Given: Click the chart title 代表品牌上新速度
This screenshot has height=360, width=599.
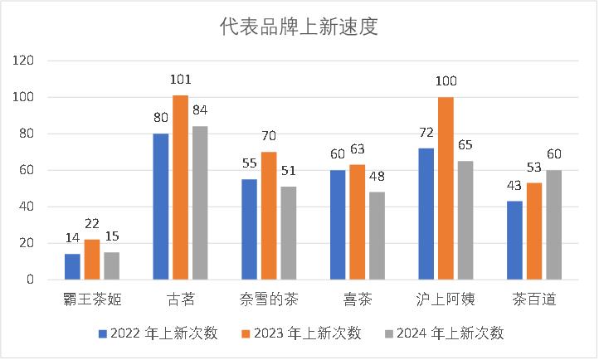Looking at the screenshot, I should (x=299, y=28).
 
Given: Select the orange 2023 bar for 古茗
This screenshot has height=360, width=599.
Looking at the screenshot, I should (x=180, y=187).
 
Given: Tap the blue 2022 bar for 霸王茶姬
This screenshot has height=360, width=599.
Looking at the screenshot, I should (x=73, y=266).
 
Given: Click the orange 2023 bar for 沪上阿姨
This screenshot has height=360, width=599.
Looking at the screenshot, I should (x=446, y=188).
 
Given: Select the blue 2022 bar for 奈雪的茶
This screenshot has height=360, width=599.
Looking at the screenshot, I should (x=250, y=229).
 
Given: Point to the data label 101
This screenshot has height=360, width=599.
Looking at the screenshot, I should (x=180, y=80).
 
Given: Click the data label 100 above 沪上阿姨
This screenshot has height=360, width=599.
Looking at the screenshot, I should (x=446, y=82).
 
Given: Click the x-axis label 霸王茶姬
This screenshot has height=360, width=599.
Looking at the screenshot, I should (x=91, y=298).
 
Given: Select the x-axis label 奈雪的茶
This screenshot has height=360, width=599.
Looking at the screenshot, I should (x=269, y=298).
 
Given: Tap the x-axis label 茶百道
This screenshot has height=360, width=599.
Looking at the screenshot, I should (x=533, y=298).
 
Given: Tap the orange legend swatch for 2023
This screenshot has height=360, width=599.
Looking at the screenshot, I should (x=246, y=333).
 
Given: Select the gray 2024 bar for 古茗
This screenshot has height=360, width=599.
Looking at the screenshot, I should (x=199, y=203).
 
